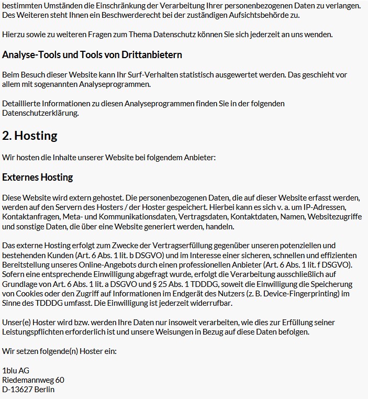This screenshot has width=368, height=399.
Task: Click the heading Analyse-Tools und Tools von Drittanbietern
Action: [92, 54]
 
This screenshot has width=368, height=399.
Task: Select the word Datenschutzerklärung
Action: [40, 113]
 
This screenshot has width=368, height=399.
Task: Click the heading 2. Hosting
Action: [30, 136]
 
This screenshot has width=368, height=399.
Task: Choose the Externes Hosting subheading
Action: [38, 177]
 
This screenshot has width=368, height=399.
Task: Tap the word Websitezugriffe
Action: [335, 216]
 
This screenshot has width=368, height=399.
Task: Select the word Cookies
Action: [31, 293]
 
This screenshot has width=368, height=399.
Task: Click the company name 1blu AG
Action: [16, 371]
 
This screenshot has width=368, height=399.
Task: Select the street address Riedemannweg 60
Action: [34, 380]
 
